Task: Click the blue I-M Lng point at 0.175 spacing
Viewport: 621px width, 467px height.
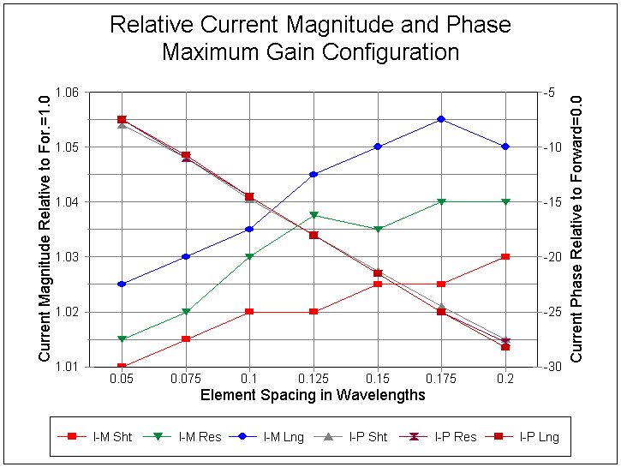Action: point(441,119)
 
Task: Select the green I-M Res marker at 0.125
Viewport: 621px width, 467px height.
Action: point(313,214)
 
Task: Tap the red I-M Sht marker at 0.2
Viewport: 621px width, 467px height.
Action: point(505,256)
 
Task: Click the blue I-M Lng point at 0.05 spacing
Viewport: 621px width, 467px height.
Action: point(122,284)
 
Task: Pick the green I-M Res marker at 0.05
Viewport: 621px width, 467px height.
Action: point(122,339)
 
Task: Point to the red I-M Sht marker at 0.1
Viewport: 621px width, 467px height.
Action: point(249,311)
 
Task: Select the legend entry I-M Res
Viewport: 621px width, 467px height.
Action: point(188,436)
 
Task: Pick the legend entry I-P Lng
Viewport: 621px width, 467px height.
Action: point(527,436)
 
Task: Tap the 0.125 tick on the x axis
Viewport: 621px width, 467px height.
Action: point(313,378)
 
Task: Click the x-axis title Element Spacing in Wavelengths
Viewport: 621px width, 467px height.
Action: point(313,395)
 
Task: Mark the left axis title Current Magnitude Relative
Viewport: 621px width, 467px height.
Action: point(45,230)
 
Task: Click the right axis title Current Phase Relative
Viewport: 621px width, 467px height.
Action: point(577,228)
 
